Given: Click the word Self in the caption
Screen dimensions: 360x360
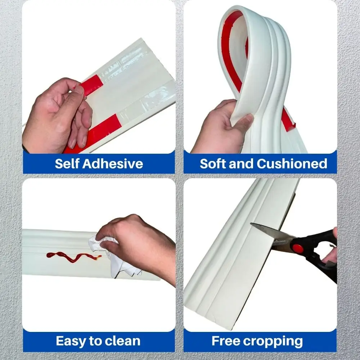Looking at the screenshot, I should (67, 164).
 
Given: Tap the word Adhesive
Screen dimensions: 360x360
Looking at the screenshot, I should (113, 164).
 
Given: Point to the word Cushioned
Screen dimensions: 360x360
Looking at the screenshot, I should (292, 163).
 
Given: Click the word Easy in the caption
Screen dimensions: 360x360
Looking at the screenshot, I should (71, 341).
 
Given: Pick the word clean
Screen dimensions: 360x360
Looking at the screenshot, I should (121, 341).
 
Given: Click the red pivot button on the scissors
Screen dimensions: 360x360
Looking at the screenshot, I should (298, 248).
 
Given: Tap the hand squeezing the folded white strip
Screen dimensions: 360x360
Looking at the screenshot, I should (220, 126).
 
